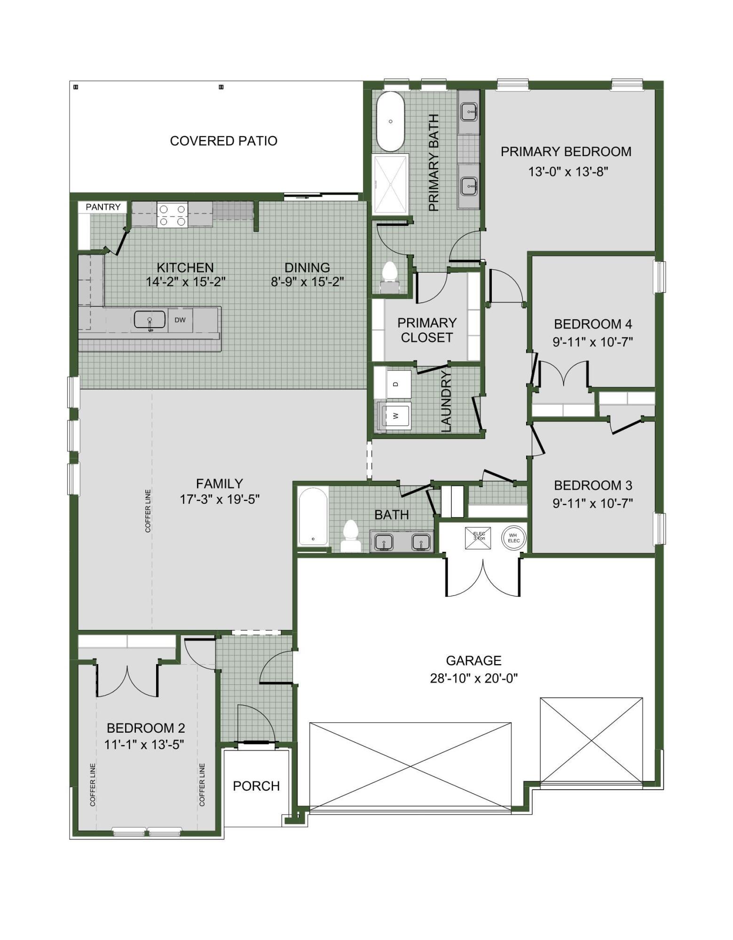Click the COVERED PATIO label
coord(223,141)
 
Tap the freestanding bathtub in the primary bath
coord(390,121)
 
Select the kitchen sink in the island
coord(150,320)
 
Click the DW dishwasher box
coord(180,320)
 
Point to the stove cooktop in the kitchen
coord(172,215)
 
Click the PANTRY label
coord(103,207)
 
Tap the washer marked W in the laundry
coord(394,415)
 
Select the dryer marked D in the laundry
coord(395,384)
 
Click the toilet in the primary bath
coord(390,277)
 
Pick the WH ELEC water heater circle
coord(513,538)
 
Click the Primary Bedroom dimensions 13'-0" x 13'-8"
coord(568,172)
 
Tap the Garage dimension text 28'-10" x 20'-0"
coord(473,678)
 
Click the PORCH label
coord(256,786)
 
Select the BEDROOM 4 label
coord(593,324)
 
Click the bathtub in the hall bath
coord(313,517)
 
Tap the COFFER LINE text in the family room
coord(148,511)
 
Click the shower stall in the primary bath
coord(390,185)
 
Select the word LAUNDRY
coord(446,401)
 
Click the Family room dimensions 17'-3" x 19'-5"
coord(220,499)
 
